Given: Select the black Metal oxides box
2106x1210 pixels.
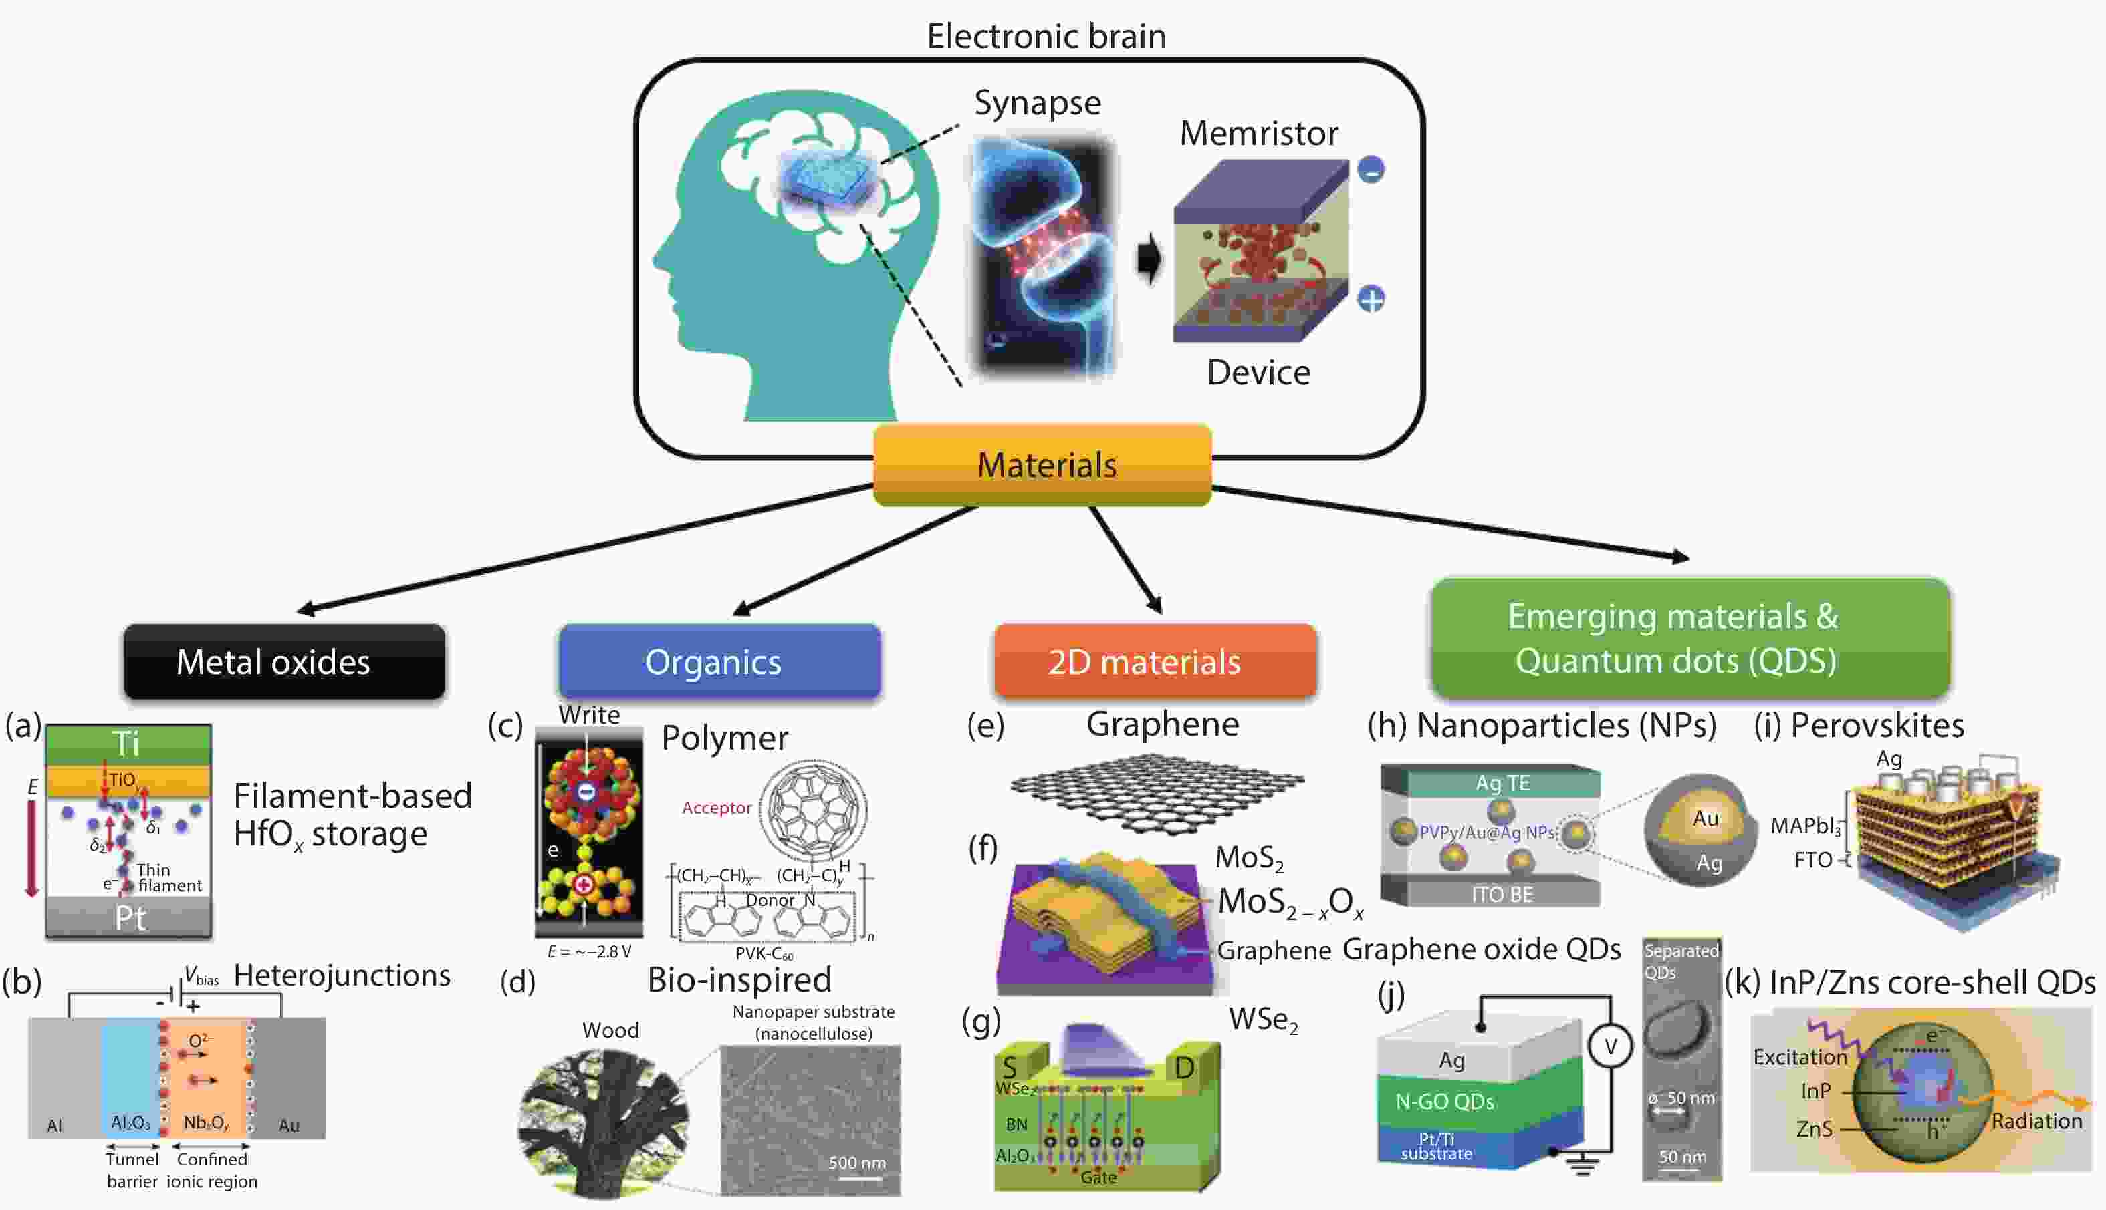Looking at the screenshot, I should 283,661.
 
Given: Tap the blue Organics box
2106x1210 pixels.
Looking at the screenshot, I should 719,661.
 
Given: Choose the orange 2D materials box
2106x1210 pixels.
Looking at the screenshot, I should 1154,661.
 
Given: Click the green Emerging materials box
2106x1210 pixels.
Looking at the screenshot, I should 1689,638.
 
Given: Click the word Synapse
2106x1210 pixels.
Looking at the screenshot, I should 1038,103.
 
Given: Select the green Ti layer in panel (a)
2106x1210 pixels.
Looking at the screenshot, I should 128,743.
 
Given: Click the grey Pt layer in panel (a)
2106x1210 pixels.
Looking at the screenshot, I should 129,917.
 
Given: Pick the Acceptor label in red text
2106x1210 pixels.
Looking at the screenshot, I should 716,808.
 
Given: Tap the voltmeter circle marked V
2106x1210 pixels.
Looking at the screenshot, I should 1610,1046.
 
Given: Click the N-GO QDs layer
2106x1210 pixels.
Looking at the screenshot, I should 1445,1101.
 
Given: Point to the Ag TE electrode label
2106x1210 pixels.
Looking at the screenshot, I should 1502,783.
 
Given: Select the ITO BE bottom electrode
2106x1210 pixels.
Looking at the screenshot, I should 1502,894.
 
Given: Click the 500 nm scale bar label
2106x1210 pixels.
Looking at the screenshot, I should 856,1163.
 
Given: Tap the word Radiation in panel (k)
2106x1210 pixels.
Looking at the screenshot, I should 2036,1121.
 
